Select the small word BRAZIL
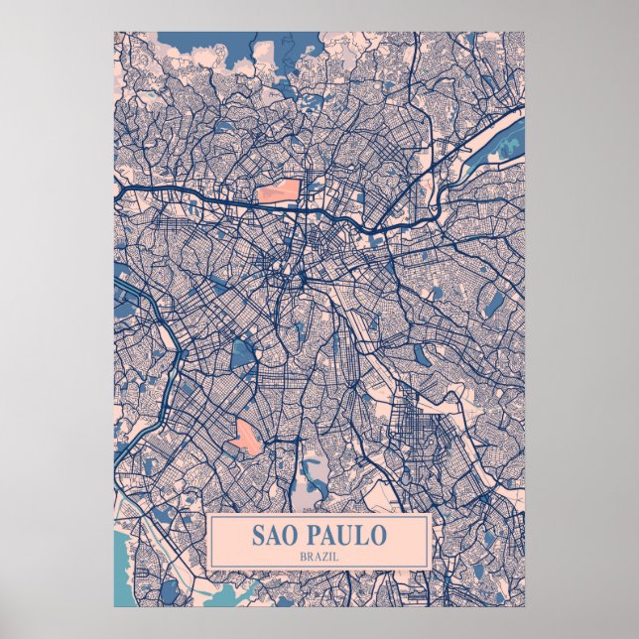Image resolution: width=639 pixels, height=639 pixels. click(319, 556)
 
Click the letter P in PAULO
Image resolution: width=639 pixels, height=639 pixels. click(316, 536)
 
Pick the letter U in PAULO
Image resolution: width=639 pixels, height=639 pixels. click(348, 536)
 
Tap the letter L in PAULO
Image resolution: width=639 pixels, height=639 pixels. click(363, 536)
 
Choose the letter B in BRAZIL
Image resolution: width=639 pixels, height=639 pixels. click(302, 556)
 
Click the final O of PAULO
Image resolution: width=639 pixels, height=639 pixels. click(378, 536)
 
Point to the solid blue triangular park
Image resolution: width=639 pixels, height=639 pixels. click(242, 352)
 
